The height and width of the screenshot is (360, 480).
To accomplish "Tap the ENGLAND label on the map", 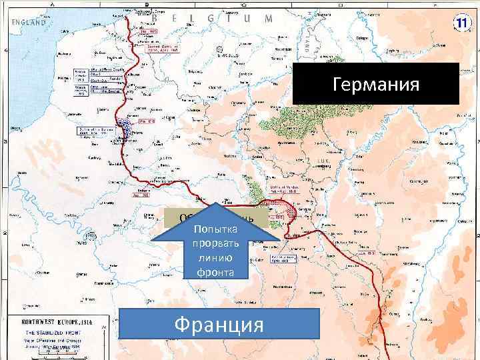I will point(29,22).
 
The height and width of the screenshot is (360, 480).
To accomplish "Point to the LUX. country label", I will point(322,161).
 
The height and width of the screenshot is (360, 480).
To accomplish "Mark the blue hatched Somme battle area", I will point(124,127).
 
